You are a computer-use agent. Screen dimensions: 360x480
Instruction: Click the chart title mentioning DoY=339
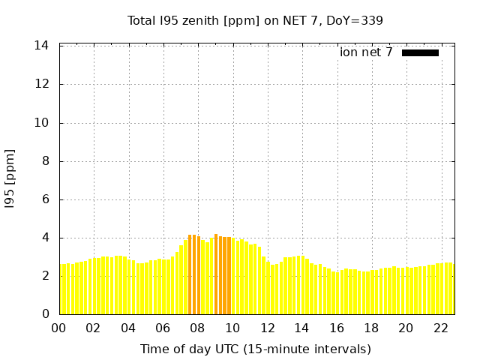coord(255,20)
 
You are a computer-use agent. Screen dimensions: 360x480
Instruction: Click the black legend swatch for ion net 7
coord(420,52)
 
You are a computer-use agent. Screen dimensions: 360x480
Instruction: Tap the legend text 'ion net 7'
coord(366,52)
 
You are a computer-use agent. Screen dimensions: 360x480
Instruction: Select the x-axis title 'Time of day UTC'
coord(255,349)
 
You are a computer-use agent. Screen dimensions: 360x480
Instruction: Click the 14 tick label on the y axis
coord(42,46)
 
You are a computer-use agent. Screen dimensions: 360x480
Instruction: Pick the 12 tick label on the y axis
coord(42,84)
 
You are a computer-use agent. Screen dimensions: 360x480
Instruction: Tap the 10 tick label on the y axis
coord(42,123)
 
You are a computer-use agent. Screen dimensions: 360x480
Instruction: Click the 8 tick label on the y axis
coord(45,161)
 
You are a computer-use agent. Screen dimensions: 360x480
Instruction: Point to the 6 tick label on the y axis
coord(45,199)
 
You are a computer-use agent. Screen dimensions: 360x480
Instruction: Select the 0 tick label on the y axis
coord(45,314)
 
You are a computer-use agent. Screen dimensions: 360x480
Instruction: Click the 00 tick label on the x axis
coord(59,328)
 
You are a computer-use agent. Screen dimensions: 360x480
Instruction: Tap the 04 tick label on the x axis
coord(128,328)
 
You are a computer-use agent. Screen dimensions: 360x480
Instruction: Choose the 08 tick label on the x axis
coord(197,328)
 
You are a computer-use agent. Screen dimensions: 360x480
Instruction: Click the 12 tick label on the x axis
coord(267,328)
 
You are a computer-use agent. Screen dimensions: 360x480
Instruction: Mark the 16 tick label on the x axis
coord(336,328)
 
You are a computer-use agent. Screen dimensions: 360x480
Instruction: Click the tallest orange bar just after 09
coord(216,274)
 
